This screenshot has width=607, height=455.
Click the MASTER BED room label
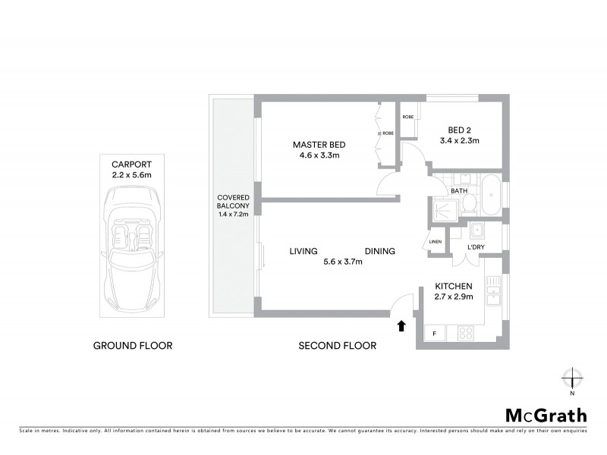[x=319, y=145]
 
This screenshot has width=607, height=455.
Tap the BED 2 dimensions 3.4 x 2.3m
[x=460, y=140]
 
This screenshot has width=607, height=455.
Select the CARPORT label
[x=133, y=163]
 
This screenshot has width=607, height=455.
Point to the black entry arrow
[x=401, y=326]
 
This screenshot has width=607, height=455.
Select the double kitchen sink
[x=494, y=288]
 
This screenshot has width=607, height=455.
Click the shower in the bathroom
[x=440, y=209]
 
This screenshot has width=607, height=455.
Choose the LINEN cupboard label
[x=436, y=242]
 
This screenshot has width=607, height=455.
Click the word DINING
[x=379, y=252]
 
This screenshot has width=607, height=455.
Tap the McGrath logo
[x=546, y=415]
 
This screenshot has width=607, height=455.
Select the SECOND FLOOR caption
[x=338, y=346]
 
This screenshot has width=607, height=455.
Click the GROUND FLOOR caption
[x=133, y=346]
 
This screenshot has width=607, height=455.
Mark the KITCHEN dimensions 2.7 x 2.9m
[x=454, y=297]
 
